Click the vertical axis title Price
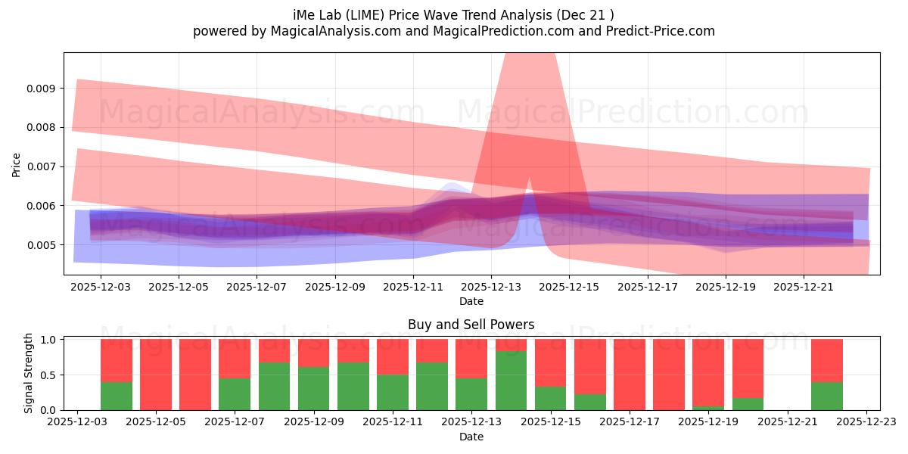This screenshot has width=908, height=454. tap(17, 165)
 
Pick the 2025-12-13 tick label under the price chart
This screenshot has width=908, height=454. tap(491, 288)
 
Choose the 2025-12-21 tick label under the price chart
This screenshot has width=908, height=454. tap(804, 288)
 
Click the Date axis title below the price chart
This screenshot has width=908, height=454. tap(471, 301)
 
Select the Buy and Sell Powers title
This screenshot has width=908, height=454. tap(471, 325)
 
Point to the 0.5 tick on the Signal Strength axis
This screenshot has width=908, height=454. tap(47, 375)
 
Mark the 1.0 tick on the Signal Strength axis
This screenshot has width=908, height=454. tap(47, 340)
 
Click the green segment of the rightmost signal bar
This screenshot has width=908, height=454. tap(826, 396)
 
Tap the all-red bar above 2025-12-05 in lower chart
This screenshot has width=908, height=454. tap(156, 375)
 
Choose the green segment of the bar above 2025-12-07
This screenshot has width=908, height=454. tap(235, 394)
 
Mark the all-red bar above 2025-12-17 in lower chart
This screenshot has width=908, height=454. tap(630, 375)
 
